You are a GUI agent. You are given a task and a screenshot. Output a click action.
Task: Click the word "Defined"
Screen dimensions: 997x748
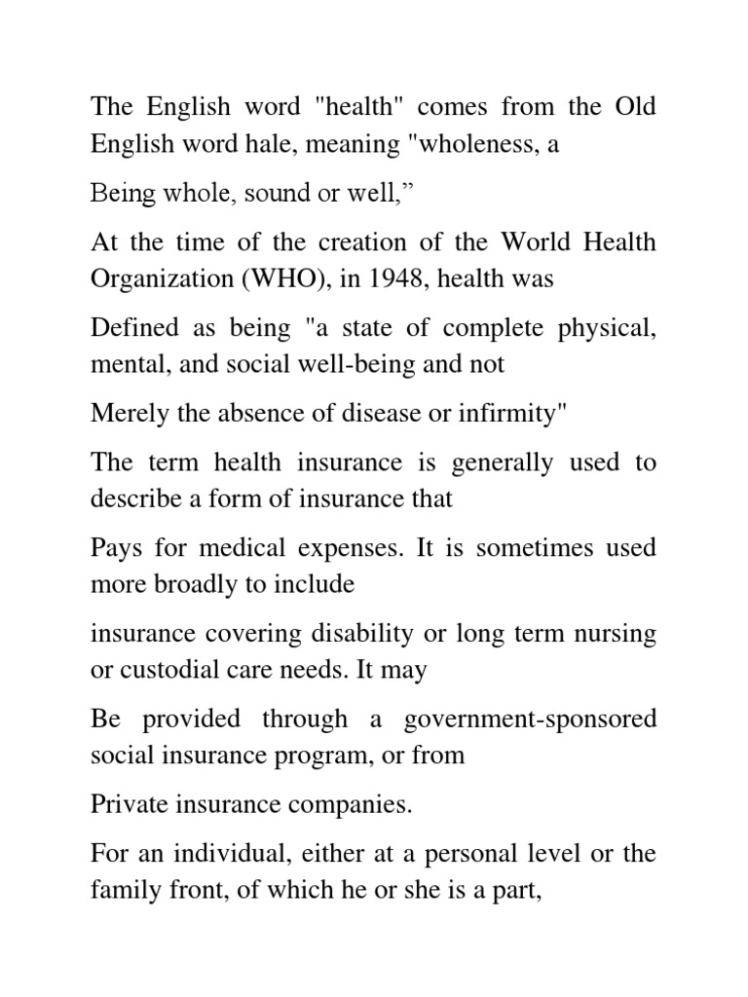130,328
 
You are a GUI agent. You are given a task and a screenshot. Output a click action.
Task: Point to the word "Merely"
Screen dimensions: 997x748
123,413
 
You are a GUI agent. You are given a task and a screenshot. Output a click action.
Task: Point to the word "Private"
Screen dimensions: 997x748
125,805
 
